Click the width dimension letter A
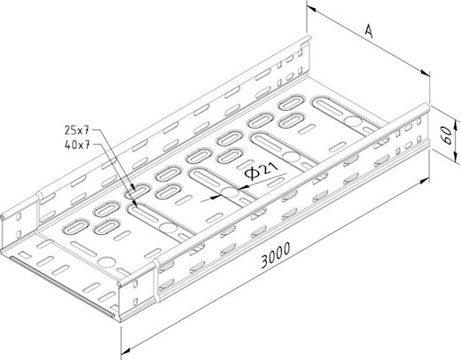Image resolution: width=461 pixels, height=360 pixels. [x=369, y=31]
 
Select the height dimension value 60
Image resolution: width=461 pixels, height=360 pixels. [x=448, y=136]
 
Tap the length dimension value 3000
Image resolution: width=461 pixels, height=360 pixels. [x=276, y=255]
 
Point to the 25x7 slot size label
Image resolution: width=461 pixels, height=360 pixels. [x=77, y=130]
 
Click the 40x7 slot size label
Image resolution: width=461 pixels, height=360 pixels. [x=77, y=145]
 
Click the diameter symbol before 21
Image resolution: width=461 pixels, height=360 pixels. [x=253, y=174]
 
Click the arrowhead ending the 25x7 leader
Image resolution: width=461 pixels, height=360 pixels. [x=134, y=188]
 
